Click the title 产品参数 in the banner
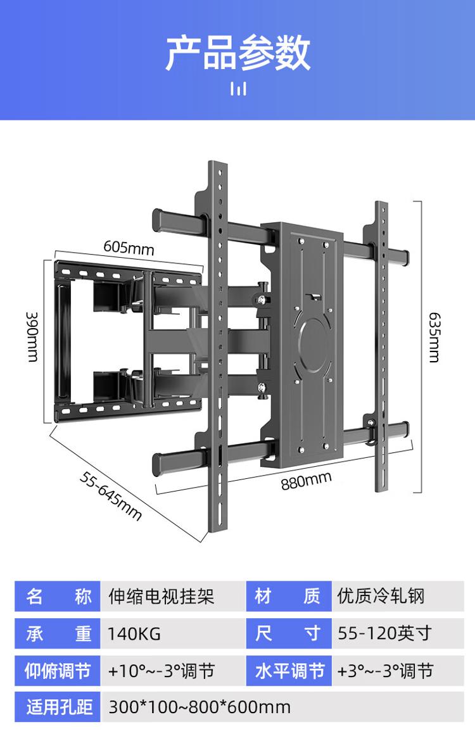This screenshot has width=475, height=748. click(238, 53)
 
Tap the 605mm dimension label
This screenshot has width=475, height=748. click(129, 248)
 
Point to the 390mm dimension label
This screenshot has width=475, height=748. click(32, 337)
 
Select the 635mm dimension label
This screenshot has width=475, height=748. click(434, 338)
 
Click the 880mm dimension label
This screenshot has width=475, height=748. click(306, 481)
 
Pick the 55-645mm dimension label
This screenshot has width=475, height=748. click(111, 496)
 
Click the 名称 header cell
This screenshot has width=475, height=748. click(58, 596)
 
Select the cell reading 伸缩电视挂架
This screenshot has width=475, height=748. click(161, 596)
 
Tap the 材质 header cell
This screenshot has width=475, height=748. click(289, 596)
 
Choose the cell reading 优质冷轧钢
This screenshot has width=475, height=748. click(381, 596)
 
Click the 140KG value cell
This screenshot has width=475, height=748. click(134, 634)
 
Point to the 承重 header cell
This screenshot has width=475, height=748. click(58, 633)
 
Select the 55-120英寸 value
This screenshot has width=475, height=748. click(384, 633)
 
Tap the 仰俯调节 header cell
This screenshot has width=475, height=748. click(58, 671)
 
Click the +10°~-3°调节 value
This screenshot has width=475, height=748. click(161, 671)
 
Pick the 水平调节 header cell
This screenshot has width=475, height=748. click(289, 671)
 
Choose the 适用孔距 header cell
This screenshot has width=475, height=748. click(58, 707)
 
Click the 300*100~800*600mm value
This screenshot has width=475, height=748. click(199, 707)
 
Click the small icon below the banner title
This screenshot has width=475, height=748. click(238, 89)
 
